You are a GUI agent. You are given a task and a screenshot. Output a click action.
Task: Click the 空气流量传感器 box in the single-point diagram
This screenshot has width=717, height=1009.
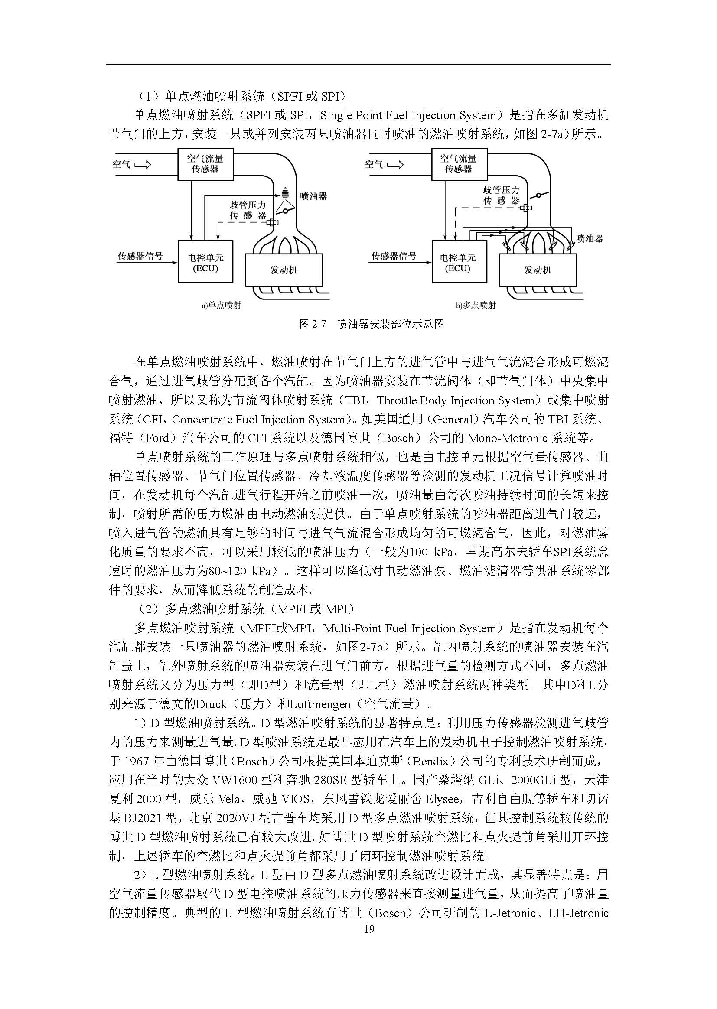(205, 164)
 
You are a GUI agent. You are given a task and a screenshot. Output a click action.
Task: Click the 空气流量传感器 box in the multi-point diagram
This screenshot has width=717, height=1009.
(459, 164)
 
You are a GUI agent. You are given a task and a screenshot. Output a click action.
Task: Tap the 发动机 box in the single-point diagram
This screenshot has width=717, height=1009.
(284, 269)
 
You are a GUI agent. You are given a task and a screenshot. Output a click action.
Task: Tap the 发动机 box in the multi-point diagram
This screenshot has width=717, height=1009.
(537, 269)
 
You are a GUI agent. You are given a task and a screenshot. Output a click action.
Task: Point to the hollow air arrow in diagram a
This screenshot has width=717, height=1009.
(142, 165)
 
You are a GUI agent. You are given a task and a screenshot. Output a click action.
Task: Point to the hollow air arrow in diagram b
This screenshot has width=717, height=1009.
(395, 165)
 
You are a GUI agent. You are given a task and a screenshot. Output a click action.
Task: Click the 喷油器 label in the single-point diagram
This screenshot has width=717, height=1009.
(313, 196)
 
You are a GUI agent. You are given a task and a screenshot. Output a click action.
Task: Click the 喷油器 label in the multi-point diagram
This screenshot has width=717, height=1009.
(590, 239)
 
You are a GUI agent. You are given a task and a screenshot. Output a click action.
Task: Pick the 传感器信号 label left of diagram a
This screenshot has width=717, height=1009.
(140, 256)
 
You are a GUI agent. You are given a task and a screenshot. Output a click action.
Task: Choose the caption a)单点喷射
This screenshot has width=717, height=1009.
(222, 305)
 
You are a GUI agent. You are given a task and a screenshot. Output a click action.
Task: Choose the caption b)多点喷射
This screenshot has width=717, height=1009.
(476, 305)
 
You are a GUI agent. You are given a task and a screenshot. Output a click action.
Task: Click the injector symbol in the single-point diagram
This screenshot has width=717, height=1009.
(285, 193)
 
